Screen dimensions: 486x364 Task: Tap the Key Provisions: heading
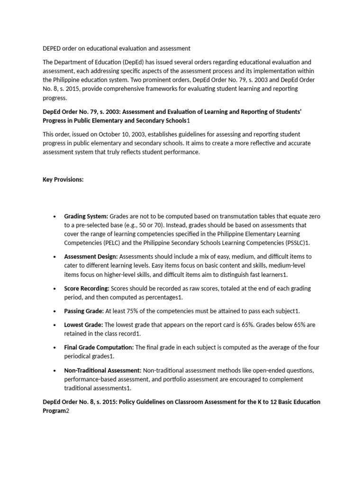click(x=63, y=179)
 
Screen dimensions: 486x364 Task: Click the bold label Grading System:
click(x=86, y=216)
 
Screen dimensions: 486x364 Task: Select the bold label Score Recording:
click(x=87, y=288)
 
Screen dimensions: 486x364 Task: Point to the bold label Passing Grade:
click(x=84, y=311)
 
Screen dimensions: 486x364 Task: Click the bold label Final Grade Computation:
click(x=99, y=347)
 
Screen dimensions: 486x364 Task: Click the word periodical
click(x=78, y=356)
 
